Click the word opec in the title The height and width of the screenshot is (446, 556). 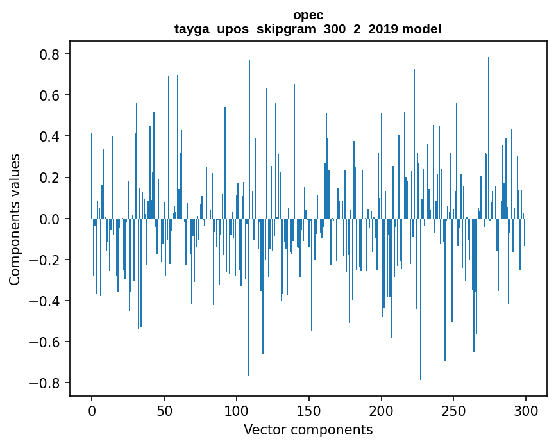pyautogui.click(x=308, y=15)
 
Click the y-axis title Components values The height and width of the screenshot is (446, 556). pyautogui.click(x=15, y=219)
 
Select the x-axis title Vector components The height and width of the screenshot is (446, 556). pyautogui.click(x=308, y=429)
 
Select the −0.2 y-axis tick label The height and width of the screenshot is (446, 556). pyautogui.click(x=47, y=260)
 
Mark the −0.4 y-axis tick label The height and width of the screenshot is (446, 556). pyautogui.click(x=47, y=301)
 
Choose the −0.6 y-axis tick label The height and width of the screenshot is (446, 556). pyautogui.click(x=47, y=342)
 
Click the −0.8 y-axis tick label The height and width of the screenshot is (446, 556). pyautogui.click(x=47, y=383)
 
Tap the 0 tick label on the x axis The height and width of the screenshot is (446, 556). pyautogui.click(x=92, y=410)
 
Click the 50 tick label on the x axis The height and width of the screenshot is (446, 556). pyautogui.click(x=164, y=410)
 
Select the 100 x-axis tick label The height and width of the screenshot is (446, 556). pyautogui.click(x=237, y=410)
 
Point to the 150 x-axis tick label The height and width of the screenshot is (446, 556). pyautogui.click(x=309, y=410)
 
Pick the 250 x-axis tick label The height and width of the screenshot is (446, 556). pyautogui.click(x=454, y=410)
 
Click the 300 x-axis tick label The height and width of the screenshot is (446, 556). pyautogui.click(x=527, y=410)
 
